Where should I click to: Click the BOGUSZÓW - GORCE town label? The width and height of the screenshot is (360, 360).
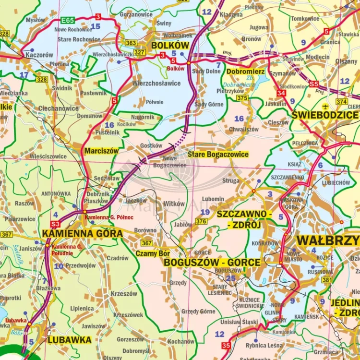[212, 263]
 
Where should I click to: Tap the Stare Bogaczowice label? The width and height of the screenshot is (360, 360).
[218, 155]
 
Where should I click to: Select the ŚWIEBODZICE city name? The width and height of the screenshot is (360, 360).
[325, 115]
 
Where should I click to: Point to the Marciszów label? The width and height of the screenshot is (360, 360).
[101, 151]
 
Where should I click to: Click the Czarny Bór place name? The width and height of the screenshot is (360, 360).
[153, 253]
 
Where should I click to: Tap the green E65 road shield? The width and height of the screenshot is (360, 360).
[67, 21]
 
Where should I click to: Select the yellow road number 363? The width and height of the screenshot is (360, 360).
[131, 43]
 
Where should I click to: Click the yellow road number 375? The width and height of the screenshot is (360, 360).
[242, 98]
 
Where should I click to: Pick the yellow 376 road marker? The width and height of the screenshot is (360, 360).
[202, 221]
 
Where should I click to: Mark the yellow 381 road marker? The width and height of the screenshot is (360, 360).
[327, 280]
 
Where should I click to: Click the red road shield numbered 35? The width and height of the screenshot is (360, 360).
[226, 346]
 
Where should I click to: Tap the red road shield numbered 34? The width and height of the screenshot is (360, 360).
[281, 93]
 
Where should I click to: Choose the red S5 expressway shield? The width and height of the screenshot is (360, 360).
[313, 84]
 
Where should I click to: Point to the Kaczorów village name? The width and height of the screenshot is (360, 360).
[39, 55]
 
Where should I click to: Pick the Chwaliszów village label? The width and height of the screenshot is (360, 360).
[244, 129]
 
